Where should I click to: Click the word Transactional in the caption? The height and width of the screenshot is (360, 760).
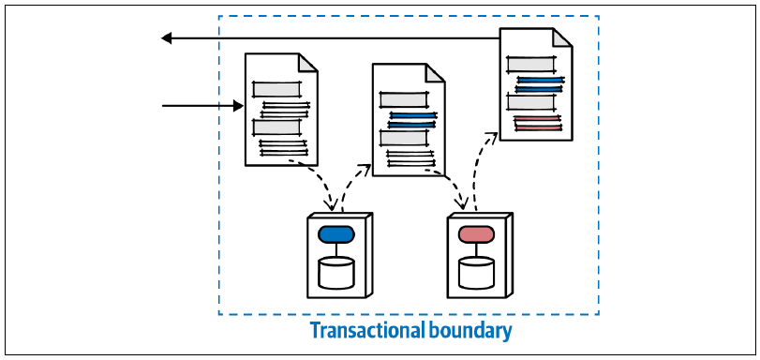click(x=367, y=331)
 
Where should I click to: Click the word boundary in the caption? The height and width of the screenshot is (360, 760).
click(x=470, y=332)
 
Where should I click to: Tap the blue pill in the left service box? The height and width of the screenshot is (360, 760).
click(x=336, y=234)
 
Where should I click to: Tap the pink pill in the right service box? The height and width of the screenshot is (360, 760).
click(x=476, y=234)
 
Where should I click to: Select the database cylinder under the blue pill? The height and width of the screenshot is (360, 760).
click(x=336, y=273)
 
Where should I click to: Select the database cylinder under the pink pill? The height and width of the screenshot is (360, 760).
click(x=476, y=273)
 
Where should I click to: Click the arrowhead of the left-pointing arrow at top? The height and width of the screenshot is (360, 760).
click(x=166, y=37)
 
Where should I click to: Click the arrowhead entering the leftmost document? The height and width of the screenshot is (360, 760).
click(x=238, y=105)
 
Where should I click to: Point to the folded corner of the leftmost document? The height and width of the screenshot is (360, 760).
click(x=308, y=62)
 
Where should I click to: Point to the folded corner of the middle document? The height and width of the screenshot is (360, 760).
click(x=435, y=72)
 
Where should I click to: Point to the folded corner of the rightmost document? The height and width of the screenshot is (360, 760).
click(x=562, y=37)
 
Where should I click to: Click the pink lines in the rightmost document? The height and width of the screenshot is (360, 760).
click(x=537, y=123)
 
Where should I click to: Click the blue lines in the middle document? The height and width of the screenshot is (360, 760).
click(x=412, y=120)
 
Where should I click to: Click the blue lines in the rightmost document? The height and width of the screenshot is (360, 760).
click(x=540, y=84)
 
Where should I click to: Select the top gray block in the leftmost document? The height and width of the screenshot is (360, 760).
click(x=276, y=89)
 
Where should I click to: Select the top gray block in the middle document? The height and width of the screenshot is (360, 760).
click(x=404, y=99)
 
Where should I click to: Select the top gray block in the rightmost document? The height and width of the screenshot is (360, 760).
click(x=530, y=64)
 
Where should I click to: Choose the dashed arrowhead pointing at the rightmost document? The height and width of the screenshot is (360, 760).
click(x=491, y=137)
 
